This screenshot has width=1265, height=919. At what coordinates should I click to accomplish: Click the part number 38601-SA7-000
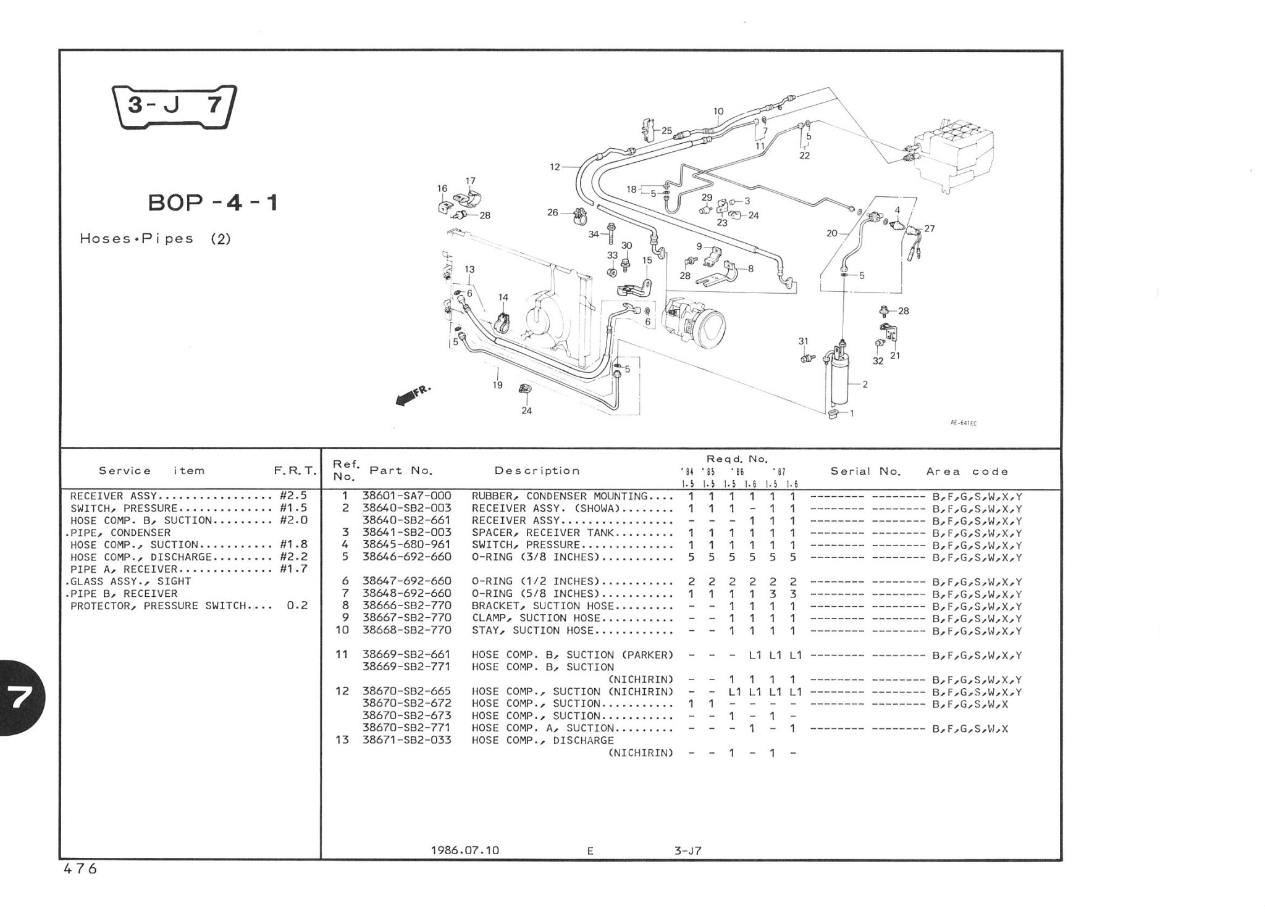coord(406,496)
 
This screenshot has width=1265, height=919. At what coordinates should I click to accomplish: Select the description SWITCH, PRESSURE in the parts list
coord(526,545)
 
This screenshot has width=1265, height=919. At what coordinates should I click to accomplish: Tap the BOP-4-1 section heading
coord(213,203)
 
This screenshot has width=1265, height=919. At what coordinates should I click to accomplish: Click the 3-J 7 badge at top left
coord(175,107)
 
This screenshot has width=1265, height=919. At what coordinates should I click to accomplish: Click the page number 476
coord(80,869)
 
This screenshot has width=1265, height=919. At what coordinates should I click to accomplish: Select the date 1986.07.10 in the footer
coord(464,850)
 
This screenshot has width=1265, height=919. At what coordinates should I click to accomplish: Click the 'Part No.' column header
coord(401,471)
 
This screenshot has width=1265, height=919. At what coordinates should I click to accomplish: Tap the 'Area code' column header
coord(967,472)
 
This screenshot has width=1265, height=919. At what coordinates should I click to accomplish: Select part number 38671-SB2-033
coord(406,740)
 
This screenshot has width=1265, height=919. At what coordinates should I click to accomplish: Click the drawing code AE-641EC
coord(964,423)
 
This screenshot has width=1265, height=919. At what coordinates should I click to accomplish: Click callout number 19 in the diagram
coord(498,385)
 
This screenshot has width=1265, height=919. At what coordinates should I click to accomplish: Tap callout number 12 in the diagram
coord(555,167)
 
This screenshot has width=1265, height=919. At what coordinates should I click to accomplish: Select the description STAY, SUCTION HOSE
coord(532,631)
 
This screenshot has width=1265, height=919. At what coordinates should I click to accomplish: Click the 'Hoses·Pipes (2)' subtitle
coord(155,239)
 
